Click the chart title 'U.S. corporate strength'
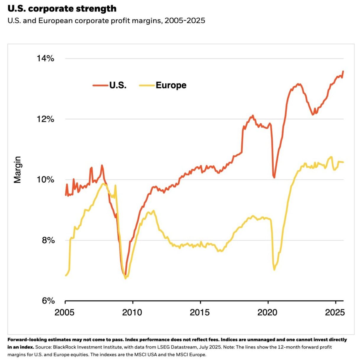pos(62,9)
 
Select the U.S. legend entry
pos(110,85)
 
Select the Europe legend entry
pos(163,85)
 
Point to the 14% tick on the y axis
pos(45,59)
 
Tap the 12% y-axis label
pos(45,119)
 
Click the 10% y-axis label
pos(45,180)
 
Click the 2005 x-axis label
pos(64,312)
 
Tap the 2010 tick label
pos(132,312)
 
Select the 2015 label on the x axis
pos(200,312)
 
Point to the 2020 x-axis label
pos(267,312)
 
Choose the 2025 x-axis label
pos(335,312)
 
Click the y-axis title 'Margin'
pos(17,170)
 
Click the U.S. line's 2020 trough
pos(274,177)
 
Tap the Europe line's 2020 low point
pos(274,270)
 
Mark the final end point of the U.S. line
pos(343,71)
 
